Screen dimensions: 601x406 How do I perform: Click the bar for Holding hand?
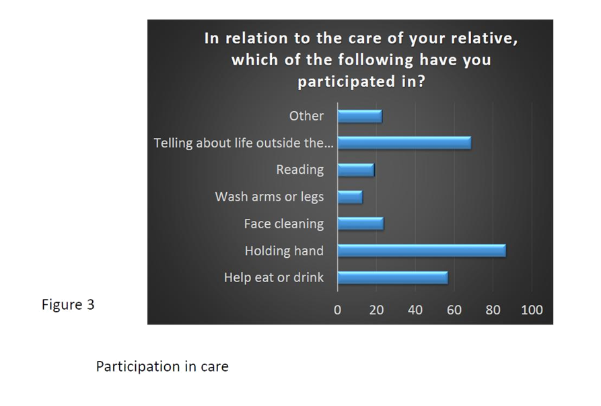tap(421, 250)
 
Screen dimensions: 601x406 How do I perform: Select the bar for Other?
tap(360, 116)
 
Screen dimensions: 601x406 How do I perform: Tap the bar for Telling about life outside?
tap(404, 143)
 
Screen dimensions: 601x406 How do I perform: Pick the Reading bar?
tap(356, 170)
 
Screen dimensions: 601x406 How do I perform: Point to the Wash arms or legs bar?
tap(350, 197)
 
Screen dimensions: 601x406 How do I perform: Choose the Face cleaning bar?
tap(361, 224)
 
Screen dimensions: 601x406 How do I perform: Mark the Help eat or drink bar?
tap(393, 277)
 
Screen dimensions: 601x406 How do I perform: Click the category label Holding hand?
tap(284, 250)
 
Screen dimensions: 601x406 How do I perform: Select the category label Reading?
tap(299, 170)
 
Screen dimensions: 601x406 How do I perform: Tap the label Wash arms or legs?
tap(269, 197)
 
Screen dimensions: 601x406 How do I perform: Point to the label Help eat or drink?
tap(274, 277)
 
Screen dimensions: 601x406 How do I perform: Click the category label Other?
tap(306, 116)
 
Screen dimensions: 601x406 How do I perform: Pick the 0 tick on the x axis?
tap(337, 310)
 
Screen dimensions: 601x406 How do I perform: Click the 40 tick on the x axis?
tap(415, 310)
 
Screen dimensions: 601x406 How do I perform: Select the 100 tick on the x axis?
tap(532, 310)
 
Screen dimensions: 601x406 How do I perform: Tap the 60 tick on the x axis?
tap(454, 310)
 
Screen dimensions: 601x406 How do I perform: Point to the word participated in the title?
tap(346, 81)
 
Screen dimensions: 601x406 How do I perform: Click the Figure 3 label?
tap(68, 305)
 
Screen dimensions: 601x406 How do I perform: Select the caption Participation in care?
tap(162, 366)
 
